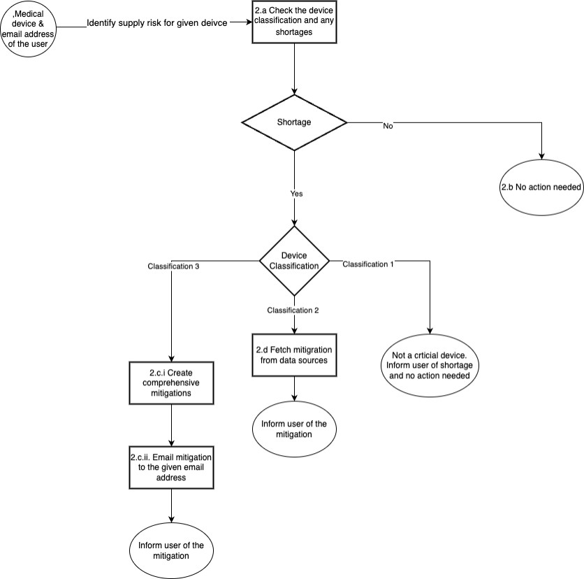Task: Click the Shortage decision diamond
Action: [x=294, y=122]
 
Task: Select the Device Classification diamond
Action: [x=294, y=260]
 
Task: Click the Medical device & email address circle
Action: [x=28, y=29]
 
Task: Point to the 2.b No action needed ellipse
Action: [x=541, y=188]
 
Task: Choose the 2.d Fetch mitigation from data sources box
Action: [x=294, y=355]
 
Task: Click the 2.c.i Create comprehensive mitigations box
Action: [x=171, y=383]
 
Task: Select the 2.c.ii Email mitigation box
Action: [x=171, y=466]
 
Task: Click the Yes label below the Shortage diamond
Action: [x=296, y=194]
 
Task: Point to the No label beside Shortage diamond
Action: [x=388, y=126]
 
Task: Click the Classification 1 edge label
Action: [x=368, y=264]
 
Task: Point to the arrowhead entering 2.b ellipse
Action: [x=541, y=157]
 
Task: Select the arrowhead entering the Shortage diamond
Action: [x=294, y=92]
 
